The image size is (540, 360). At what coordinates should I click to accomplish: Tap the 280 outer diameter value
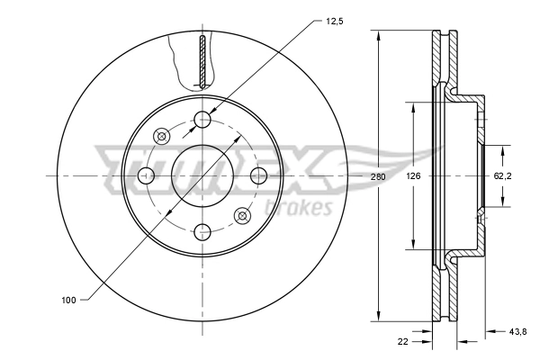click(378, 176)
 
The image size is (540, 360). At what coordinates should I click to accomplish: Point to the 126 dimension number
click(413, 176)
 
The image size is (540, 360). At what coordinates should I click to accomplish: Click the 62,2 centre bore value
click(503, 176)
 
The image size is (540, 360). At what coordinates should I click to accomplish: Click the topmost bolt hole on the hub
click(202, 119)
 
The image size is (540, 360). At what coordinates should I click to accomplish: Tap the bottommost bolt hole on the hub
click(202, 230)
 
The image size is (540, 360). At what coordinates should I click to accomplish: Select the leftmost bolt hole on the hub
click(147, 175)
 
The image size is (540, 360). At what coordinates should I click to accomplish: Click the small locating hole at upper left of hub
click(163, 136)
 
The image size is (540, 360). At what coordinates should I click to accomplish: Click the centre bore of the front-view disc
click(202, 175)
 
